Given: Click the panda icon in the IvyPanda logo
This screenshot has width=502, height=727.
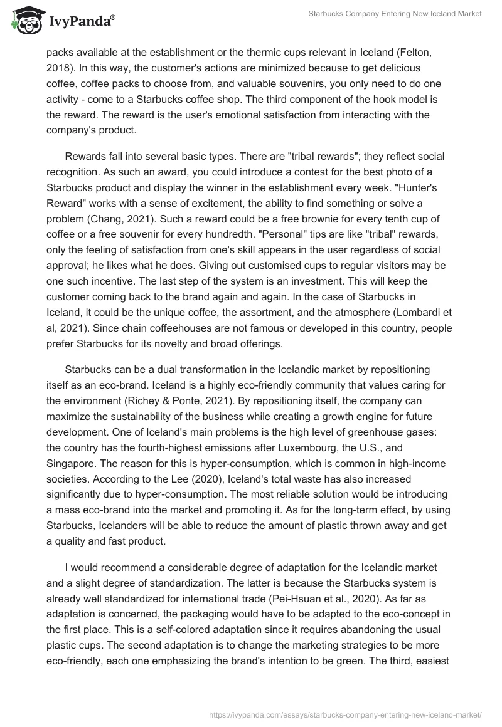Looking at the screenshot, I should pos(24,21).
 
